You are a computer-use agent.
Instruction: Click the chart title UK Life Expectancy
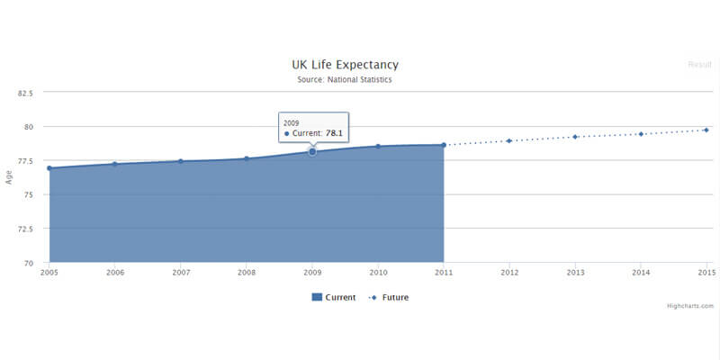(x=345, y=65)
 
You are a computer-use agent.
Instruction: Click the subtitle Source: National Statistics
(x=345, y=80)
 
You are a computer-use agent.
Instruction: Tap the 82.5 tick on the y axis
(x=25, y=93)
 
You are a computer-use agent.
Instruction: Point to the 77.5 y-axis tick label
(x=25, y=160)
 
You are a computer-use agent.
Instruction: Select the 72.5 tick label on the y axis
(x=25, y=229)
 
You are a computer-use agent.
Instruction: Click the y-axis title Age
(x=9, y=177)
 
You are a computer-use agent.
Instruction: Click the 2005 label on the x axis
(x=49, y=272)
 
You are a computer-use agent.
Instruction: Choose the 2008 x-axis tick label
(x=246, y=272)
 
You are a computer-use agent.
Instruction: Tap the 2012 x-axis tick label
(x=509, y=272)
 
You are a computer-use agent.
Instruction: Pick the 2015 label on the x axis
(x=706, y=272)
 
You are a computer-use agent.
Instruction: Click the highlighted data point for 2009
(x=312, y=152)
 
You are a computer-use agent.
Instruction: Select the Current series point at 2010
(x=378, y=146)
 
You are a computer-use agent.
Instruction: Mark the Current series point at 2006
(x=114, y=164)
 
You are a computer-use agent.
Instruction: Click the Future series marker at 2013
(x=575, y=137)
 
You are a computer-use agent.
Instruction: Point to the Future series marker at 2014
(x=641, y=134)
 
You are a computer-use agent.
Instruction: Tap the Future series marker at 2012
(x=509, y=140)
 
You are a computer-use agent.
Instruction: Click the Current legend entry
(x=334, y=297)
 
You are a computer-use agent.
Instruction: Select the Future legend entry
(x=390, y=297)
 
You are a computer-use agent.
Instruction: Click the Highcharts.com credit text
(x=690, y=306)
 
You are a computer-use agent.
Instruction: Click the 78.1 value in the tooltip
(x=334, y=133)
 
